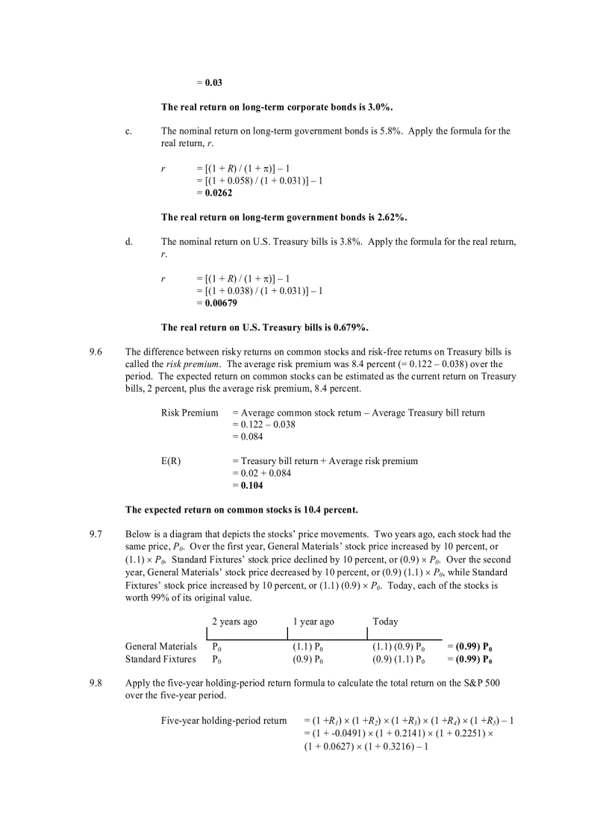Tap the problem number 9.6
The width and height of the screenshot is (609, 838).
tap(95, 351)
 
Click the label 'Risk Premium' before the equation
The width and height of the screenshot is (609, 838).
tap(190, 413)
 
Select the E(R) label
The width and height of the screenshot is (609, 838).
tap(171, 461)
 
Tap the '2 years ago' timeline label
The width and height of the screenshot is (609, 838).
tap(234, 622)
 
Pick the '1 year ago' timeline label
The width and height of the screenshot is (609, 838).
tap(313, 622)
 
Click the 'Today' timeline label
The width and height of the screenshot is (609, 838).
tap(385, 622)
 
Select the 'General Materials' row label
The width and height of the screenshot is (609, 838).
tap(161, 646)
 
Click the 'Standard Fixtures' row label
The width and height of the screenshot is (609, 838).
tap(160, 659)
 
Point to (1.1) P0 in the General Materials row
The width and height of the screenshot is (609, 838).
tap(307, 646)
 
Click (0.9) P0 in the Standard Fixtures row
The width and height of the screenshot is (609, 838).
tap(307, 659)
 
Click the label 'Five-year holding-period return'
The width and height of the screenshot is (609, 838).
tap(224, 720)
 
